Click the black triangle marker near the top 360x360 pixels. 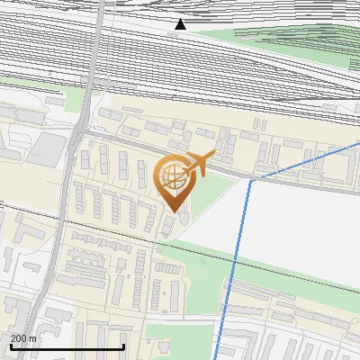181,24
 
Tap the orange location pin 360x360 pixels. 173,181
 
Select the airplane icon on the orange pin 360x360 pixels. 201,163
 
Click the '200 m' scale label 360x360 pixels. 23,338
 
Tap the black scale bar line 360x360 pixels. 67,346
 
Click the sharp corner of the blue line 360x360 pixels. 250,179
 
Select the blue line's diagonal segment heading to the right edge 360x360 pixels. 306,160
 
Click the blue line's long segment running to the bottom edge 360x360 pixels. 233,270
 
